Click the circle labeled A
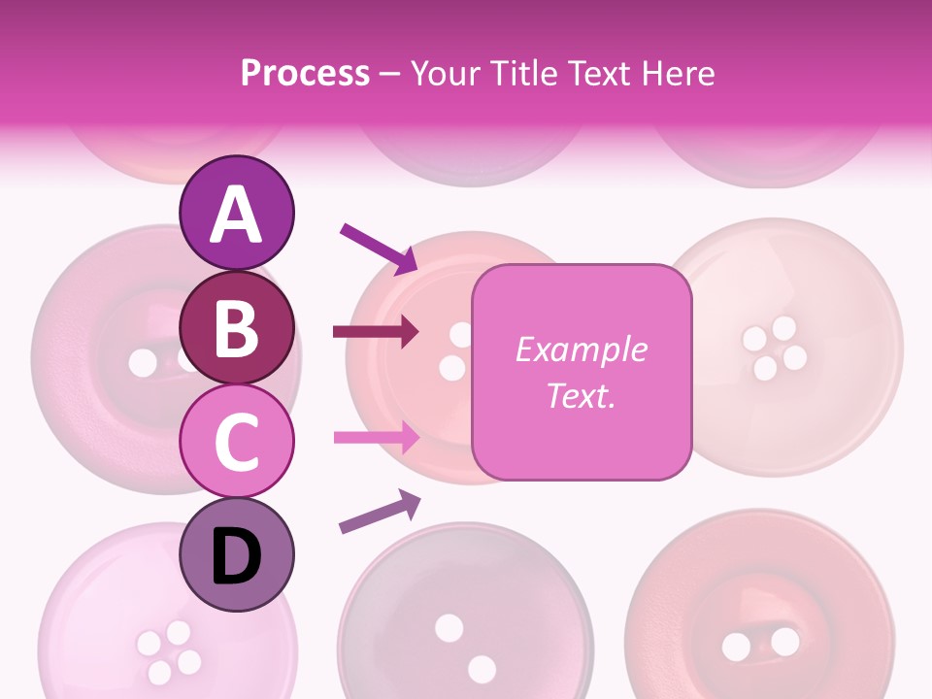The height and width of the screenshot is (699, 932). click(x=237, y=213)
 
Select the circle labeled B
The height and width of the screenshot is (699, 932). click(x=237, y=328)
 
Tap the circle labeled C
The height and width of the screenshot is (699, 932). click(x=237, y=441)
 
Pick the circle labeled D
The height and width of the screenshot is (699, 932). click(x=237, y=554)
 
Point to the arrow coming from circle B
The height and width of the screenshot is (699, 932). click(x=376, y=332)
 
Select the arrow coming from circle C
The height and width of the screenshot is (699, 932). click(x=376, y=438)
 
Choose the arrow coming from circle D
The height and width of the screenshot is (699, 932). click(x=380, y=512)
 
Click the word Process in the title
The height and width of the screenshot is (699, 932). click(x=305, y=73)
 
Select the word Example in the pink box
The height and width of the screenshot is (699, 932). click(x=581, y=349)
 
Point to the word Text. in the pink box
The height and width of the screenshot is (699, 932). click(x=581, y=395)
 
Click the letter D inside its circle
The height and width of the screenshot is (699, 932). click(x=237, y=557)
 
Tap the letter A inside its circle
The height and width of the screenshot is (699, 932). click(x=237, y=215)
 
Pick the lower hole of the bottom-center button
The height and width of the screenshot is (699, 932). click(x=482, y=669)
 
